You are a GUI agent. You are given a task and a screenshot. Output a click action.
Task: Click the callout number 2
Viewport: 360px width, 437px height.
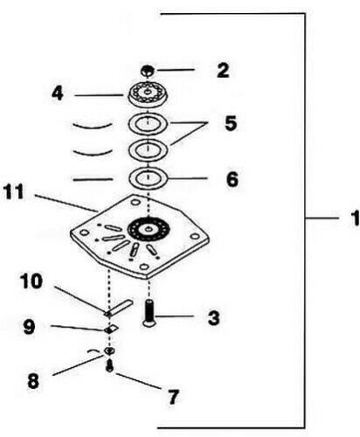tap(223, 71)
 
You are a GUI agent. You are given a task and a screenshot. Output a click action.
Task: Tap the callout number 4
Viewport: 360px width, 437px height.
tap(58, 94)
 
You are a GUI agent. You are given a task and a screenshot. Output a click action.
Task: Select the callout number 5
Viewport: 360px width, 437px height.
tap(231, 123)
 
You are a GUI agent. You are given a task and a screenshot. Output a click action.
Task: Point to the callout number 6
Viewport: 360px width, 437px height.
tap(232, 179)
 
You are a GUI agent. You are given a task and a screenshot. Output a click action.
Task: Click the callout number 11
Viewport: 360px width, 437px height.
tap(13, 192)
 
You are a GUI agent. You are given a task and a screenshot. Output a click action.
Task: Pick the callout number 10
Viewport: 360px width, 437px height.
tap(31, 281)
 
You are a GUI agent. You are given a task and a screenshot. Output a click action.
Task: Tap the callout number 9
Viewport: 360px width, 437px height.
tap(30, 327)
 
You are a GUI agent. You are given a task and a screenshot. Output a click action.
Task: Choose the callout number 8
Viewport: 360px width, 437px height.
tap(33, 381)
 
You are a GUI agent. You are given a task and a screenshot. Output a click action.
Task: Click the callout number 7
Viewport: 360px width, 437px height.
tap(173, 397)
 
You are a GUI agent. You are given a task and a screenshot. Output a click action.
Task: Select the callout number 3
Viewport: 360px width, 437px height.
tap(213, 318)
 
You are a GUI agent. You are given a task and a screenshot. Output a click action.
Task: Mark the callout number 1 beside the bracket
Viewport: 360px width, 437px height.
tap(355, 218)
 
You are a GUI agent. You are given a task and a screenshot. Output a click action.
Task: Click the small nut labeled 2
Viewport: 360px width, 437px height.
tap(148, 71)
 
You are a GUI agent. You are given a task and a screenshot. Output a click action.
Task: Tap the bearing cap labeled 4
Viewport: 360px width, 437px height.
tap(149, 94)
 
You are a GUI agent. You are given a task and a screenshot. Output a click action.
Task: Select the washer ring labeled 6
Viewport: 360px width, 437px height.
tap(149, 178)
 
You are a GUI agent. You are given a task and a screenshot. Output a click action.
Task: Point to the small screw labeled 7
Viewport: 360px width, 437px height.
tap(109, 365)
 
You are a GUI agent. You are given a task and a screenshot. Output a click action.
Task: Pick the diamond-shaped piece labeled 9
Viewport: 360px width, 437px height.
tap(111, 329)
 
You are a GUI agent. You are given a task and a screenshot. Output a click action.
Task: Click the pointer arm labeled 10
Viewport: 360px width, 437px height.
tap(119, 308)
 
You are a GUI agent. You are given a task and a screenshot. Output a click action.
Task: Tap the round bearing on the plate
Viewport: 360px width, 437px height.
tap(149, 229)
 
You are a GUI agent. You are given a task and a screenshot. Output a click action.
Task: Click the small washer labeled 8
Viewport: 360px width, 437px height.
tap(109, 350)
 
